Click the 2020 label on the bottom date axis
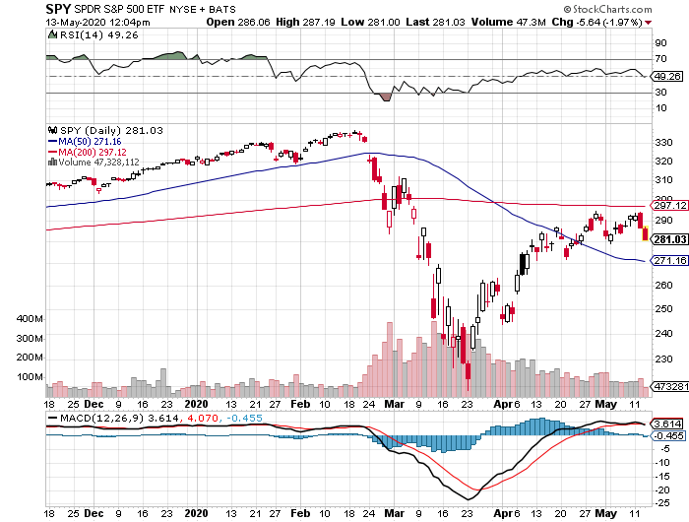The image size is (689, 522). [196, 403]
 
